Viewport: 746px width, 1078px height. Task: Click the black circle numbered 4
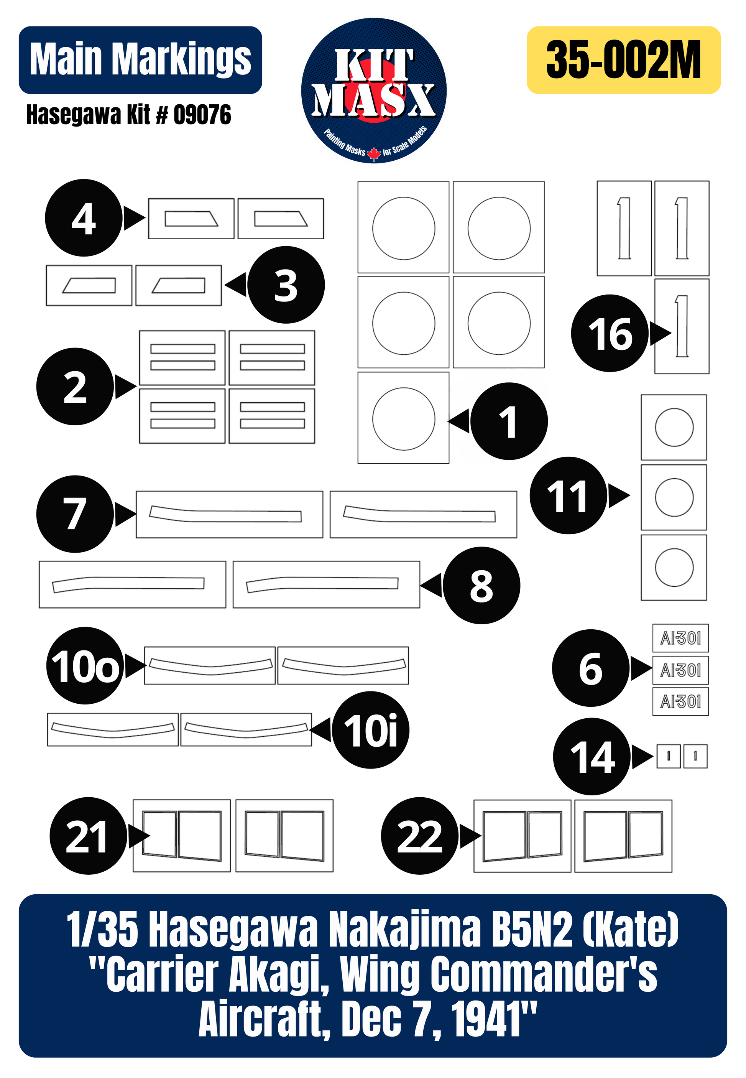point(84,218)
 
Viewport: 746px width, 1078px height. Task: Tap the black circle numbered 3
point(286,285)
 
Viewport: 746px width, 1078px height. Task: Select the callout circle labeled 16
point(610,333)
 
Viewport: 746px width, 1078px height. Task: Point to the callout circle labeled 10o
point(85,665)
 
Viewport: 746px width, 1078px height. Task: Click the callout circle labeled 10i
point(371,730)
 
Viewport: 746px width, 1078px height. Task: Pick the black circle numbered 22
point(420,836)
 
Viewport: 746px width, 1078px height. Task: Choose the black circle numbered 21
point(88,836)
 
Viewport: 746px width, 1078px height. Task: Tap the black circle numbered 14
point(592,756)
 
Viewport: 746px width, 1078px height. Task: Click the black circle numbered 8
point(481,585)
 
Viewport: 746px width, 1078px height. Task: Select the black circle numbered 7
point(75,514)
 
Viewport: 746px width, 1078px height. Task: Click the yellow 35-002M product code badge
point(624,60)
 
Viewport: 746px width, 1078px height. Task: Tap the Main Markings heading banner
point(140,60)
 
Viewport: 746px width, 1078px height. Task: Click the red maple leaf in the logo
point(374,153)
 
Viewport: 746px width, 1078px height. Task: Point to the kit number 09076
point(202,115)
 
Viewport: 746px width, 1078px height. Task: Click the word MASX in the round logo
point(374,100)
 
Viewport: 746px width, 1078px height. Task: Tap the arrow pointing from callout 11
point(619,495)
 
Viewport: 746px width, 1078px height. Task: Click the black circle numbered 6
point(591,668)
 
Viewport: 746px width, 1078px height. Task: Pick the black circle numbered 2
point(75,387)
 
